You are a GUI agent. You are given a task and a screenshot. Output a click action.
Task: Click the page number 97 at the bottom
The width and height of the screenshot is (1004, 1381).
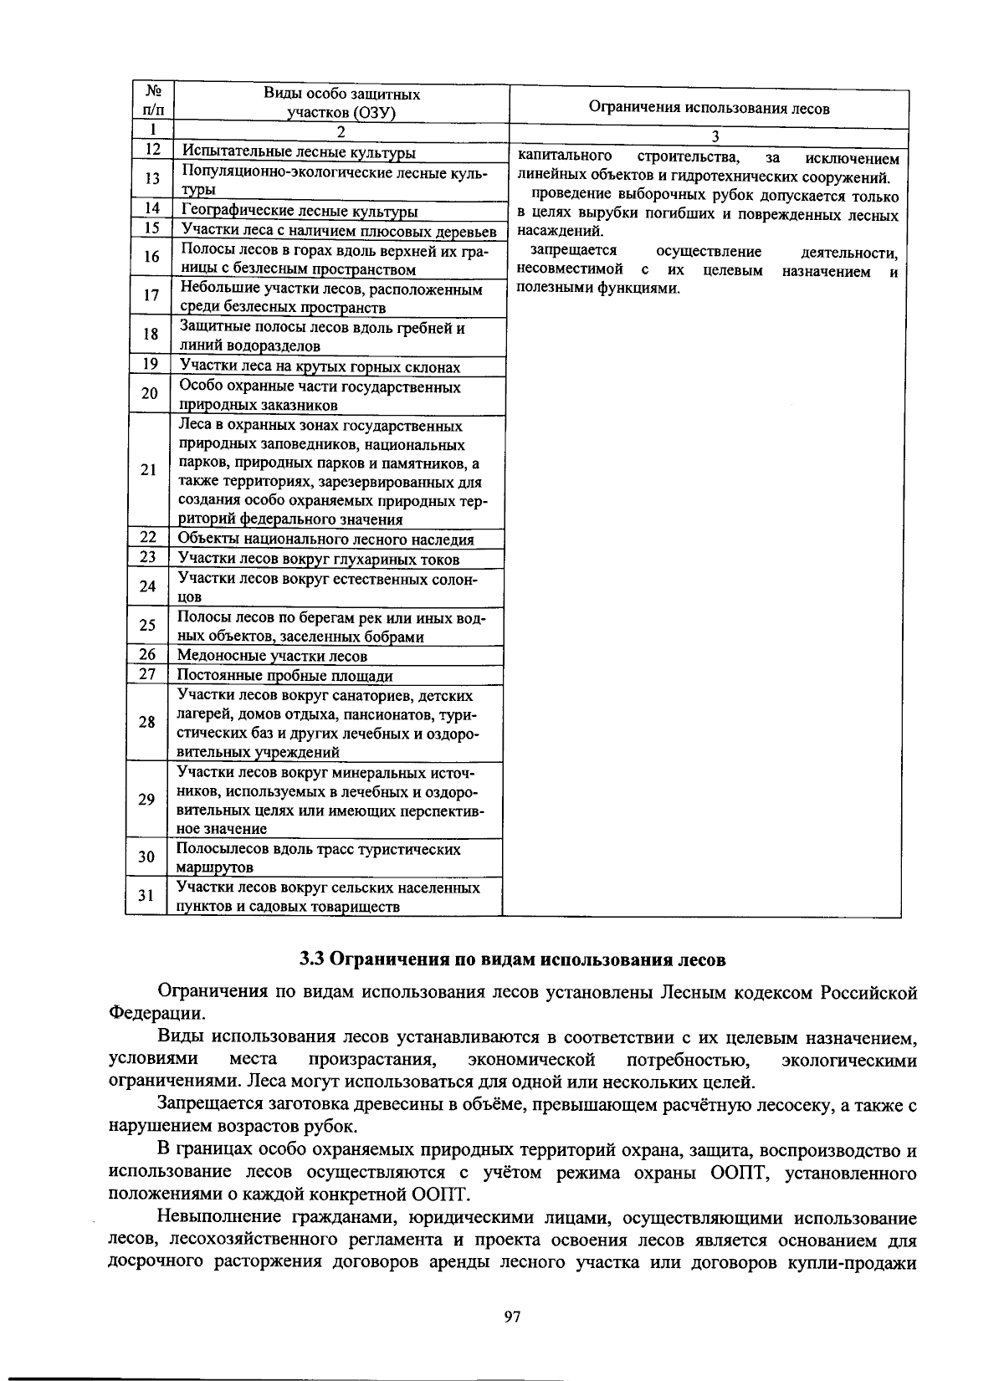coord(513,1317)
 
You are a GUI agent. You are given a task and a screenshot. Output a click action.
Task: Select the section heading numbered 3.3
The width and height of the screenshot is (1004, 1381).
coord(513,959)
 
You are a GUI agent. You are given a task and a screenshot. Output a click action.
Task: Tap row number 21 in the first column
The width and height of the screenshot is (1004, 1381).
coord(148,470)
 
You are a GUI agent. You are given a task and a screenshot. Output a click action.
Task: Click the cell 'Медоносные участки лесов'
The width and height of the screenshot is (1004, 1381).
coord(272,657)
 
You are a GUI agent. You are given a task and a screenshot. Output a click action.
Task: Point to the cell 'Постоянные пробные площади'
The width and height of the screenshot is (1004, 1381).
coord(284,676)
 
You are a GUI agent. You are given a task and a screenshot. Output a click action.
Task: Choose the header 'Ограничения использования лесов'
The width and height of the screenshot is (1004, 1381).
coord(709,108)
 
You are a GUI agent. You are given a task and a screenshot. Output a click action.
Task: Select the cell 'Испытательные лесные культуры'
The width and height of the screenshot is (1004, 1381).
coord(299,152)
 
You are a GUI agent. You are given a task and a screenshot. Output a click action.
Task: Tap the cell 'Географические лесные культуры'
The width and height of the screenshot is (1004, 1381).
coord(300,212)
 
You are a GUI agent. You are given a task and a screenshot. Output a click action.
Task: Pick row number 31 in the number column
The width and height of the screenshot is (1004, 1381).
coord(146,896)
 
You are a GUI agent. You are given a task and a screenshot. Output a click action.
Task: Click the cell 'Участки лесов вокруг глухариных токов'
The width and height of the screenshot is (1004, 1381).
coord(318,560)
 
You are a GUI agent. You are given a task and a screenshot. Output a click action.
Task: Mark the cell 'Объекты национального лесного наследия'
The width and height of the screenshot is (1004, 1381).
coord(325,540)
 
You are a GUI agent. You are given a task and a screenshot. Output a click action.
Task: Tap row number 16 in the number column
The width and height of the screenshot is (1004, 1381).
coord(151,258)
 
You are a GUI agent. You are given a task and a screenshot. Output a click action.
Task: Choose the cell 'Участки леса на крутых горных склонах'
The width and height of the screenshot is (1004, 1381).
coord(320,367)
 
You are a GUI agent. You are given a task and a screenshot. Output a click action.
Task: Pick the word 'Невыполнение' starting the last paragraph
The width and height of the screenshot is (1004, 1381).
coord(213,1219)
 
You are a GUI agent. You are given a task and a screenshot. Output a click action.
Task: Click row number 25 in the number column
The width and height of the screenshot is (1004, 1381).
coord(147,626)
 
